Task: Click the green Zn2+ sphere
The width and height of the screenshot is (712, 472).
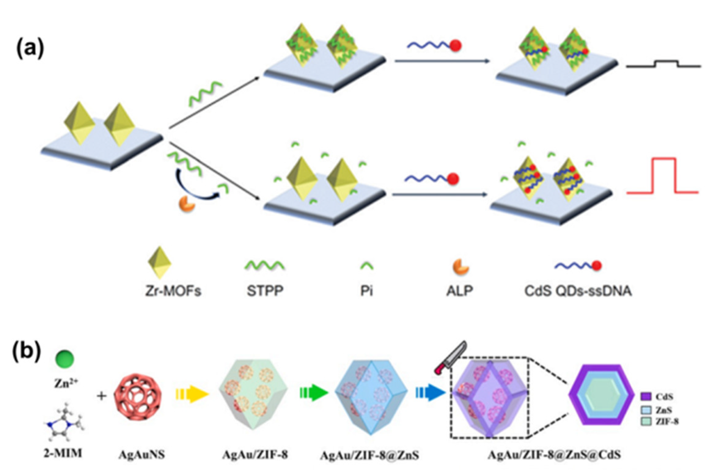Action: [x=65, y=359]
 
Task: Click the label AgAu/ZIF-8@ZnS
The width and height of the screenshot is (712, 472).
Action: [x=369, y=455]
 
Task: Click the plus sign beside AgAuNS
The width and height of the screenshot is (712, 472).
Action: [x=102, y=396]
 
